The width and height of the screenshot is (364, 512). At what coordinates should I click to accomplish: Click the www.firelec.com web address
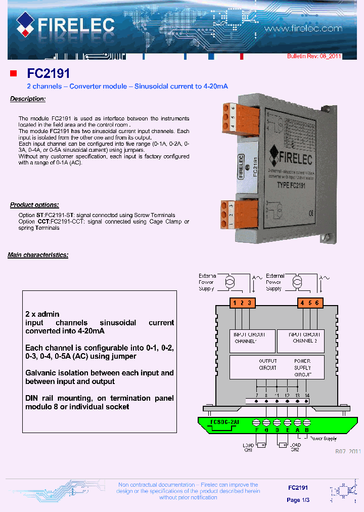point(303,29)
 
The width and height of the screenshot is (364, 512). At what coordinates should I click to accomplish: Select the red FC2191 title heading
point(49,74)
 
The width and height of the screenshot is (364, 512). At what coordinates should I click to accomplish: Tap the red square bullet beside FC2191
point(14,74)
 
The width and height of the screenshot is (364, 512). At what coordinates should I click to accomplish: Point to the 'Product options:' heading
point(34,205)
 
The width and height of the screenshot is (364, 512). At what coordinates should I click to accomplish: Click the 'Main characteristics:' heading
point(38,255)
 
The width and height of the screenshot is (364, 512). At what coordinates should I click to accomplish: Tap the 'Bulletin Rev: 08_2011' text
point(314,56)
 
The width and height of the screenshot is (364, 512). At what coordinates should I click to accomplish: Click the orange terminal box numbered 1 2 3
point(242,303)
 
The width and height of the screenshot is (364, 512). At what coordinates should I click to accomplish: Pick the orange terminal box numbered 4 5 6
point(309,303)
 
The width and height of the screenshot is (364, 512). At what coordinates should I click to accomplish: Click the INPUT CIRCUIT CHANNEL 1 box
point(252,340)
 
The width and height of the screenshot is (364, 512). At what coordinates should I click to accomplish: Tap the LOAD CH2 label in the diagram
point(295,447)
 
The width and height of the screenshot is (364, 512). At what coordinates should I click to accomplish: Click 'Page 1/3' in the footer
point(298,500)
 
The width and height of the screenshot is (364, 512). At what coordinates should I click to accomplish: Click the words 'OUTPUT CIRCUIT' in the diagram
point(268,365)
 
